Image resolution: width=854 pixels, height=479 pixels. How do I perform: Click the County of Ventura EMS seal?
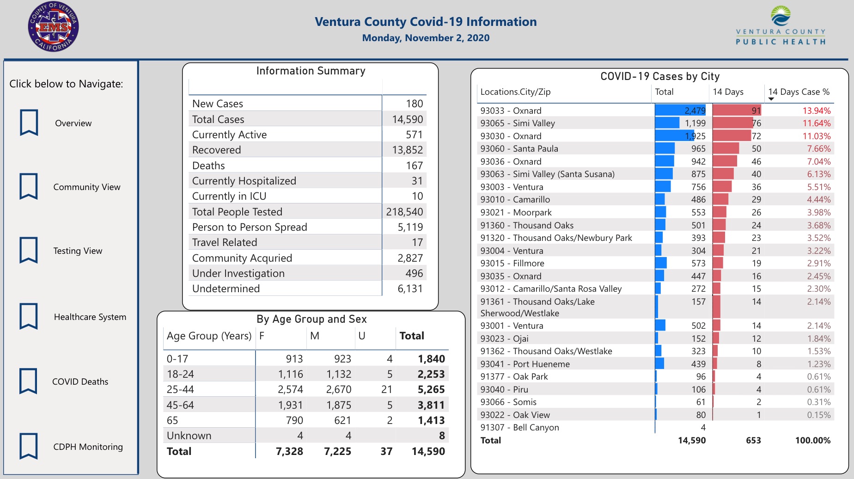(x=53, y=27)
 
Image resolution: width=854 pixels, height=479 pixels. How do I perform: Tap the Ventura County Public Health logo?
(x=781, y=26)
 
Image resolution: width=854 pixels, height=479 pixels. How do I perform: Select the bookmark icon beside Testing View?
(x=29, y=250)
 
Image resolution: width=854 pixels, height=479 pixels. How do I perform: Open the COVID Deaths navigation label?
(x=80, y=382)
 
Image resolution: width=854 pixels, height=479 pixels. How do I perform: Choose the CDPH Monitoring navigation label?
(x=88, y=447)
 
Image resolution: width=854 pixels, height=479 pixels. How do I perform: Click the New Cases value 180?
(x=414, y=104)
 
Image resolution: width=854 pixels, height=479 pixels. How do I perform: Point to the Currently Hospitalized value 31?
(x=417, y=181)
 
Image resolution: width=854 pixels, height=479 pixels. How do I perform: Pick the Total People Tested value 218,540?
(x=404, y=212)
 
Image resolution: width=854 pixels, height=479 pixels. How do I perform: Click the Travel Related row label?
(x=225, y=243)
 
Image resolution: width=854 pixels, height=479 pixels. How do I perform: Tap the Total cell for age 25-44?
(x=431, y=390)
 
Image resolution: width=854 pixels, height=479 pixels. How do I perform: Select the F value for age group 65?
(x=294, y=421)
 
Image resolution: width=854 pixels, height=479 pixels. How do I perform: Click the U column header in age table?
(x=362, y=336)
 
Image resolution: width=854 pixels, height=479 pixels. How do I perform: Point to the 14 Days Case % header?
(x=799, y=92)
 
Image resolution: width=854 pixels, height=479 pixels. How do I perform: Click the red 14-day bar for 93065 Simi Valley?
(x=733, y=123)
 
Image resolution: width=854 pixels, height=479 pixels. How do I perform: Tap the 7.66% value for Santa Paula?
(x=818, y=149)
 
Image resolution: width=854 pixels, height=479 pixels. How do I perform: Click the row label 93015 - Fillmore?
(x=512, y=264)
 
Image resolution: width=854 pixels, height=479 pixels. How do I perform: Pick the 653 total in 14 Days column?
(x=753, y=441)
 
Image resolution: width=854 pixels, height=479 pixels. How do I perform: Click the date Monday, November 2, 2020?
(x=426, y=38)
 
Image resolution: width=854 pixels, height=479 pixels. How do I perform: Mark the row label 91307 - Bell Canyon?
(x=519, y=428)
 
